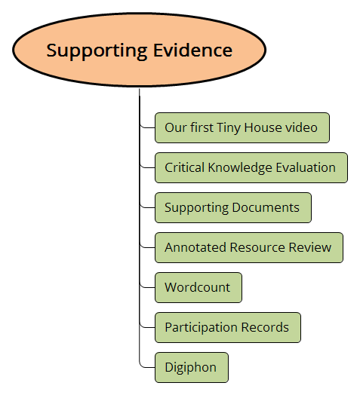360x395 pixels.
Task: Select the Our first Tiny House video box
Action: point(242,127)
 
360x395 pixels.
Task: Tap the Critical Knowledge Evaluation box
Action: point(251,167)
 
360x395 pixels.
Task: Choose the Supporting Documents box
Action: point(232,207)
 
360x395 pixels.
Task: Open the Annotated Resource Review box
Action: point(248,247)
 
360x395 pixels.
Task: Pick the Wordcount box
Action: point(198,287)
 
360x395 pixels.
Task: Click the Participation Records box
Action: point(227,327)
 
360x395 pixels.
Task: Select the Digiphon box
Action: point(191,367)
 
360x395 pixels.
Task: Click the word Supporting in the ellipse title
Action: point(94,51)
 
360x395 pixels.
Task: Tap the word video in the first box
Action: point(303,127)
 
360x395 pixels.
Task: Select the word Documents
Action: point(266,207)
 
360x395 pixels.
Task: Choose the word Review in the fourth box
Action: point(311,247)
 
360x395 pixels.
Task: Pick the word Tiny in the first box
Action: point(229,127)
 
